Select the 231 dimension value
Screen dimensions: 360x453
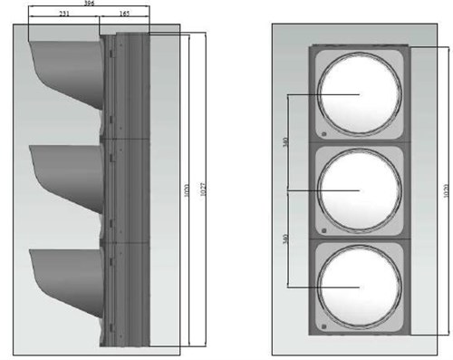tap(62, 15)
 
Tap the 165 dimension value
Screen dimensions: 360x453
tap(123, 15)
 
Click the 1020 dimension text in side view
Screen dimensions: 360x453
tap(187, 193)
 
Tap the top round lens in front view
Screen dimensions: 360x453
tap(360, 93)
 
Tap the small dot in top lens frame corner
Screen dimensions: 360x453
tap(322, 131)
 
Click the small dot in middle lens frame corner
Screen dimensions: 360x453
tap(322, 227)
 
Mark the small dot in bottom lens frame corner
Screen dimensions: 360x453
tap(322, 322)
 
